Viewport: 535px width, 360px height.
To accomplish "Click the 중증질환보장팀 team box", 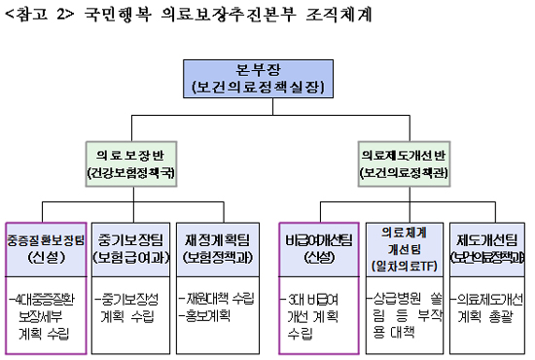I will tap(48, 246).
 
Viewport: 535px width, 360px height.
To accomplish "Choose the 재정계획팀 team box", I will tap(219, 246).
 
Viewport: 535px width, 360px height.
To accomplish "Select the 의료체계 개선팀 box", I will tap(402, 246).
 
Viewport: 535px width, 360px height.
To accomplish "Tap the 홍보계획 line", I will tap(211, 316).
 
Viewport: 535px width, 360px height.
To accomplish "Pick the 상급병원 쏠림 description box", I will tap(402, 314).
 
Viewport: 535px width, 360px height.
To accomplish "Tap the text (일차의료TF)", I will tap(402, 262).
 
